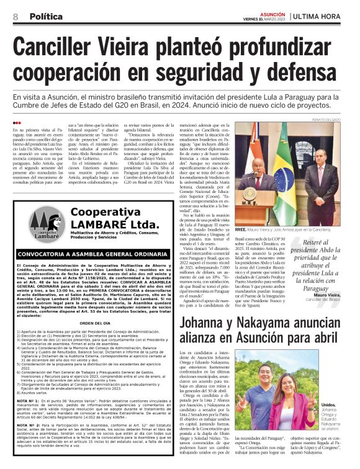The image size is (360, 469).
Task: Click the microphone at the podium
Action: [x=248, y=177]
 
